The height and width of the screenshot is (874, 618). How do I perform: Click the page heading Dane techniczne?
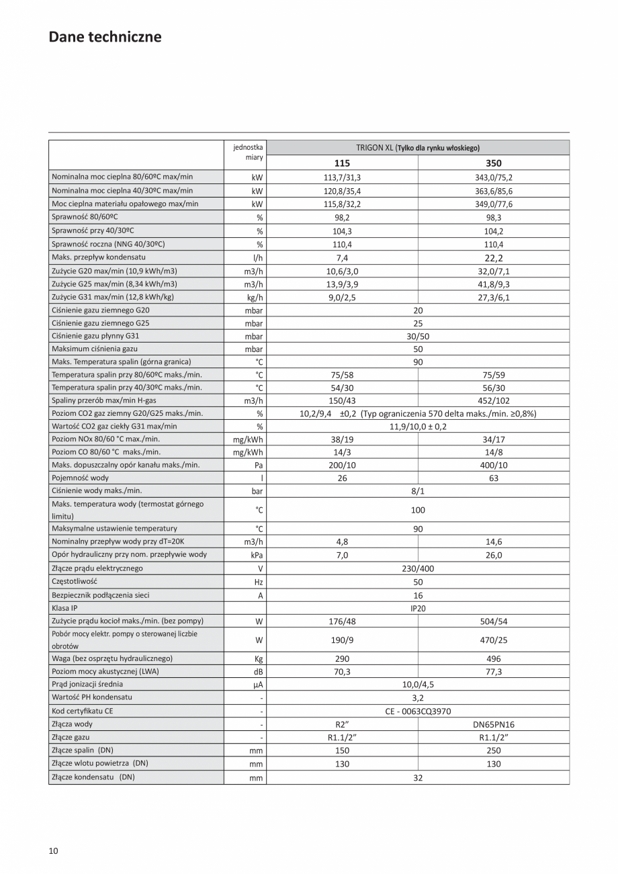pos(105,37)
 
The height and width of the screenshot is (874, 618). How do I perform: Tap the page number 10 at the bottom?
pos(54,851)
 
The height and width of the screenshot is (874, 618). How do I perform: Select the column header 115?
pos(342,163)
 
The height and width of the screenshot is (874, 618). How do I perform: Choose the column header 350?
pos(493,163)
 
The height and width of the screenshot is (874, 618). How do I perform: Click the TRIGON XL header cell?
pos(418,148)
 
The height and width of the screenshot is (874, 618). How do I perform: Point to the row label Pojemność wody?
pos(80,478)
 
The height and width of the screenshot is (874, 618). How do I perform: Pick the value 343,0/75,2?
pos(493,177)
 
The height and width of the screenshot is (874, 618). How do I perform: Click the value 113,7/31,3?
pos(342,177)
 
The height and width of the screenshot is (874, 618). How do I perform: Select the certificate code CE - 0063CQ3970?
pos(418,711)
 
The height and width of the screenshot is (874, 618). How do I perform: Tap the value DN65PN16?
pos(493,724)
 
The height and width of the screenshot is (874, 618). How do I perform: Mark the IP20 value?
pos(418,608)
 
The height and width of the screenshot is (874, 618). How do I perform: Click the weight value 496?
pos(493,658)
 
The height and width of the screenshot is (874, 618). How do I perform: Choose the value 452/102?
pos(493,400)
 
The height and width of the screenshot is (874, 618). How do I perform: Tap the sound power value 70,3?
pos(342,671)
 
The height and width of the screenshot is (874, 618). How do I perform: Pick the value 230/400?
pos(418,568)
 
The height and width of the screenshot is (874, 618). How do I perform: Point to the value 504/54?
pos(493,621)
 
